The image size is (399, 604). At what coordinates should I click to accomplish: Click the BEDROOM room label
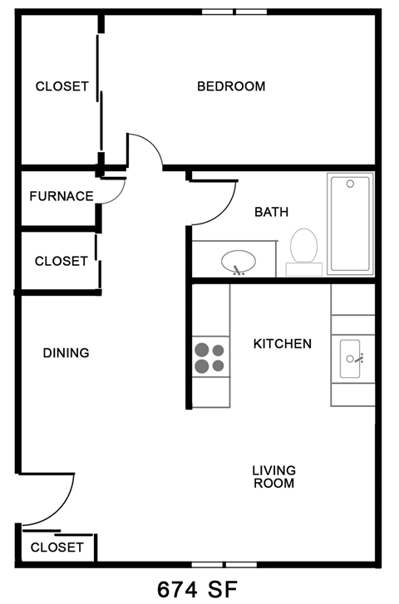point(230,86)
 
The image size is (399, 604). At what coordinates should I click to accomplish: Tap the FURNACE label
point(61,197)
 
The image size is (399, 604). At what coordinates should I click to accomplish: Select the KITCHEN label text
point(283,344)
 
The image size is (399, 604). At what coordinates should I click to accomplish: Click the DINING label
point(66,353)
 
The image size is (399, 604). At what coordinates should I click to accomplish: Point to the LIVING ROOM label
point(273,477)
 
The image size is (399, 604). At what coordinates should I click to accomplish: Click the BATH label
point(271,213)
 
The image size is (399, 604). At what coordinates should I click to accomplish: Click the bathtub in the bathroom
point(350,223)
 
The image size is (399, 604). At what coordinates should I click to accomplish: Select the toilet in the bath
point(304,248)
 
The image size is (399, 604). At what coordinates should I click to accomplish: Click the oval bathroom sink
point(239,263)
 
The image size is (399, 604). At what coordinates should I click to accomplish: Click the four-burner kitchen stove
point(210,357)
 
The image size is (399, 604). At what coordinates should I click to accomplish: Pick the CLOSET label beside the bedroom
point(62,86)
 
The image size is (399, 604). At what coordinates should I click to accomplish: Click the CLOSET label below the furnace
point(61,261)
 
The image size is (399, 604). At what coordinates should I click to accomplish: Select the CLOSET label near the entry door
point(57,547)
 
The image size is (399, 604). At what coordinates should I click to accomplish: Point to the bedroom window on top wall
point(234,12)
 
